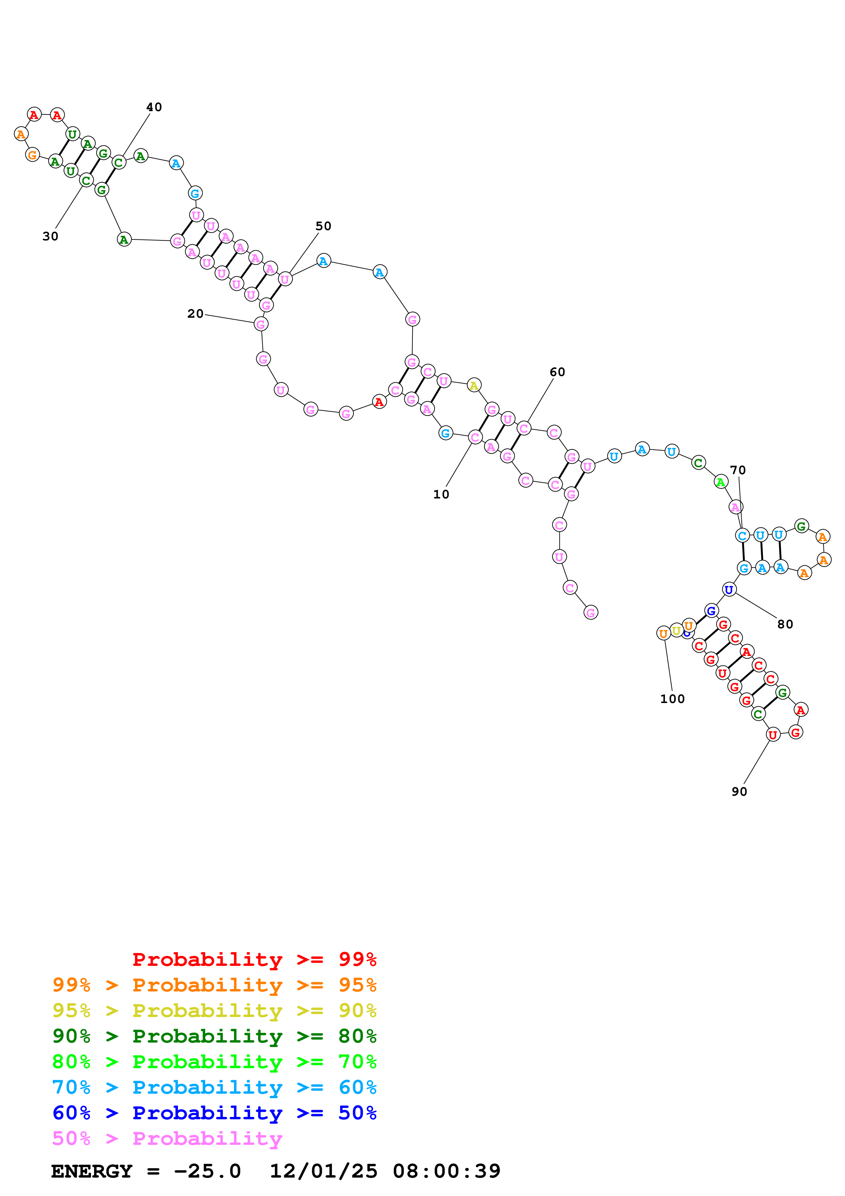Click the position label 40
[154, 107]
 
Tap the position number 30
[50, 237]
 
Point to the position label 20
[195, 314]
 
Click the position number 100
[672, 699]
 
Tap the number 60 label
[557, 372]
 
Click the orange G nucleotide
[33, 155]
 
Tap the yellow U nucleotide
[676, 631]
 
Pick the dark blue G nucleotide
[711, 611]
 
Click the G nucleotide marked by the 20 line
[261, 325]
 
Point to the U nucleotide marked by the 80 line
[729, 590]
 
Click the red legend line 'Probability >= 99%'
[254, 959]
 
